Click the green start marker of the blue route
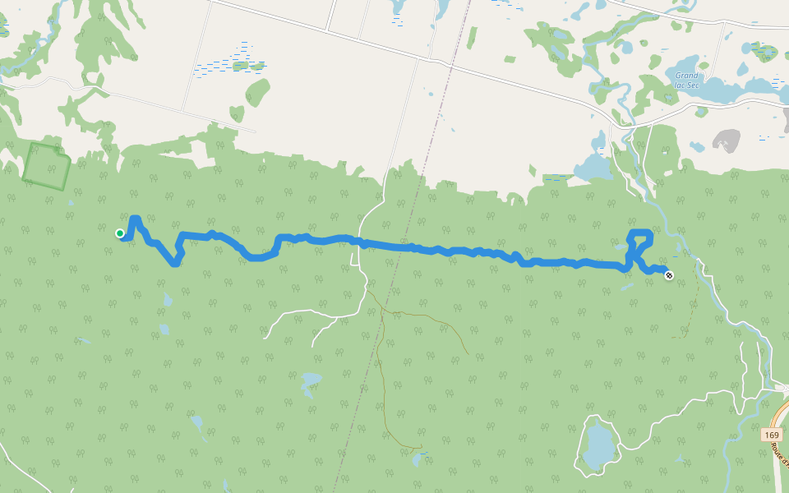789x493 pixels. [120, 233]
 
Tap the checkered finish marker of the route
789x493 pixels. [669, 275]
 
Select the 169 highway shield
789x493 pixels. [771, 435]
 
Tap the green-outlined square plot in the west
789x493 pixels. [46, 166]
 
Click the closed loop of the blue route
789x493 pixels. [639, 246]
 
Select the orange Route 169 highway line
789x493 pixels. [778, 460]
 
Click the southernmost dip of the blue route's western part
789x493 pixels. [174, 264]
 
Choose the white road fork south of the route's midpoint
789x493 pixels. [360, 295]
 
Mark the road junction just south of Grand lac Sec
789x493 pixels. [612, 124]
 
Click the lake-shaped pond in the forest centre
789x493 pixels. [311, 381]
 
